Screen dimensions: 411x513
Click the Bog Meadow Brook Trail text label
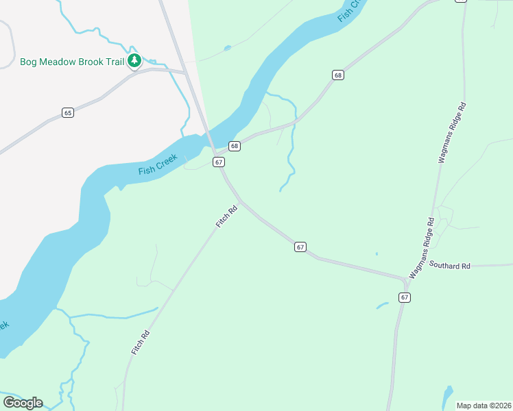[x=72, y=62]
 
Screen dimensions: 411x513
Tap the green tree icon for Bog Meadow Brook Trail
[x=135, y=62]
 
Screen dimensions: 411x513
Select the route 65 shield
[x=67, y=112]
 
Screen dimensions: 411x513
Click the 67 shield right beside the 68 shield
[x=219, y=162]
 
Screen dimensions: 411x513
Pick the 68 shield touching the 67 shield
[x=235, y=146]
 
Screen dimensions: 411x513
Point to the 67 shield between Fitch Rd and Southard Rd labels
[x=300, y=247]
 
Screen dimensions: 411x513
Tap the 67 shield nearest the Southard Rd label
[x=405, y=297]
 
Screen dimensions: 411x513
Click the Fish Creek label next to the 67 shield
[x=158, y=164]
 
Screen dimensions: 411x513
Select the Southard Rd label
[x=450, y=266]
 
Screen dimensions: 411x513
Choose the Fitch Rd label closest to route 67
[x=226, y=216]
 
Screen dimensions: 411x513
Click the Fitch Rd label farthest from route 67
[x=141, y=342]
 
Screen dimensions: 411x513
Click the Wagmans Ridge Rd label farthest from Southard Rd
[x=453, y=133]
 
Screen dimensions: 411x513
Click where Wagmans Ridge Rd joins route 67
[x=406, y=279]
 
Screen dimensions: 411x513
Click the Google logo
[x=23, y=402]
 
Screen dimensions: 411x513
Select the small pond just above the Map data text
[x=448, y=395]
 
